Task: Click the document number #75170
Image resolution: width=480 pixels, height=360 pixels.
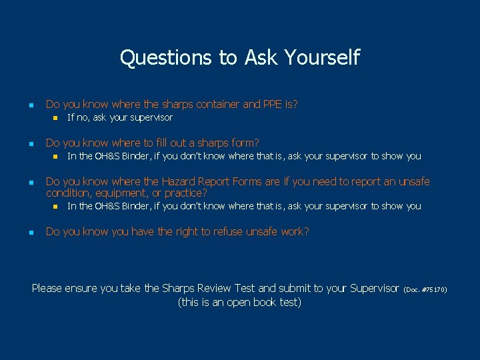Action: (434, 289)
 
